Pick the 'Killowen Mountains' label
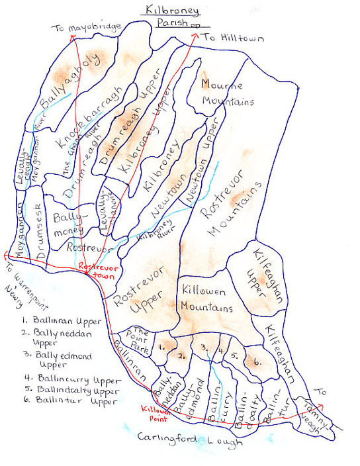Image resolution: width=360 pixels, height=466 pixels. pyautogui.click(x=206, y=300)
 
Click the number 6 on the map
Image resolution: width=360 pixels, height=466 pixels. pyautogui.click(x=257, y=363)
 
